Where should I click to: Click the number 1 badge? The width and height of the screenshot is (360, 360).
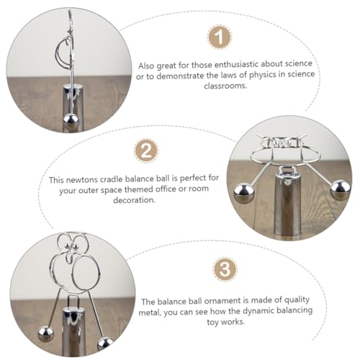[219, 37]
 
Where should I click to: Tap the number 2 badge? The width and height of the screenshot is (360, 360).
[146, 151]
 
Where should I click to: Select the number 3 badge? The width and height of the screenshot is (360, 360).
[225, 269]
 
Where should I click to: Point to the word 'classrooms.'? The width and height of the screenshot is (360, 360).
[225, 86]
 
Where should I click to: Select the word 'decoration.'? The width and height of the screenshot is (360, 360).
[134, 200]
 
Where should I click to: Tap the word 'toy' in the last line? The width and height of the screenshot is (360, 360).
[212, 323]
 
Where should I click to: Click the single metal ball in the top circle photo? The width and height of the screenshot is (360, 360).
[71, 120]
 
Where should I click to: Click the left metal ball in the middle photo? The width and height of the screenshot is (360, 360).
[244, 194]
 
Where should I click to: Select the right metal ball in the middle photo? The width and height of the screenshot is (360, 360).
[341, 191]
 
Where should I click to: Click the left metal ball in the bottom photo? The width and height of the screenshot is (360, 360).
[45, 334]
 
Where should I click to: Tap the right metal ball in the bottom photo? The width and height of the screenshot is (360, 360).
[105, 344]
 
